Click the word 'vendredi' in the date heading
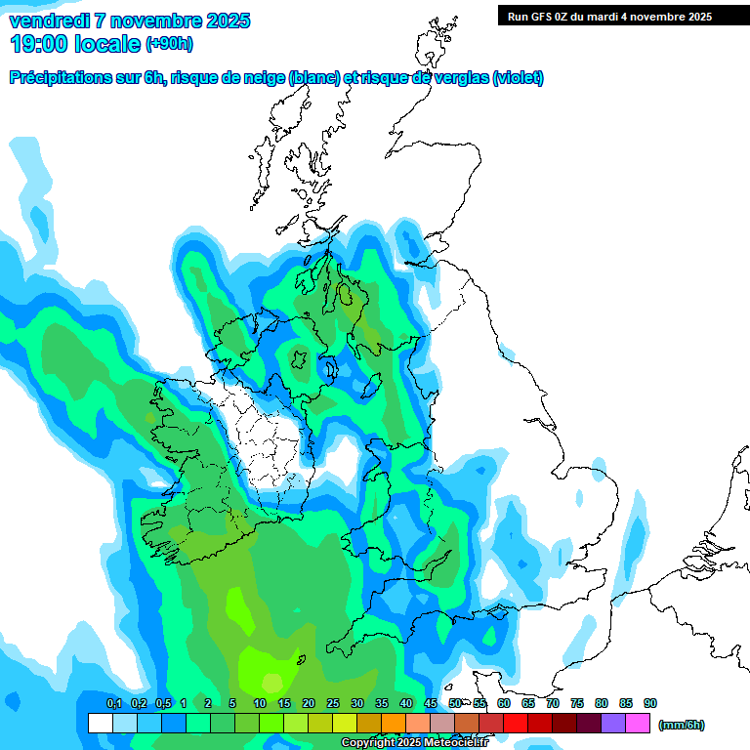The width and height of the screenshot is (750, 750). point(50,21)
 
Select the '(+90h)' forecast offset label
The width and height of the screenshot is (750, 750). point(169,44)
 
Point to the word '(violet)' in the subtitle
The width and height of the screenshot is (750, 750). point(518,78)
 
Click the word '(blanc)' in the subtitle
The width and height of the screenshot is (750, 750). point(313,78)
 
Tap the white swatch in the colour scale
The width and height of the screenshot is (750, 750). point(100,724)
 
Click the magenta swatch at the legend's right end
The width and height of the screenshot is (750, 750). point(638,724)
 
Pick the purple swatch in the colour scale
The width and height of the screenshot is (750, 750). point(613,724)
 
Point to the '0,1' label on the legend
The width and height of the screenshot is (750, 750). point(114,704)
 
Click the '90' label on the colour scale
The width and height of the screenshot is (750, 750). point(650,704)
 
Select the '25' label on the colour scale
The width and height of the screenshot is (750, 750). point(333,704)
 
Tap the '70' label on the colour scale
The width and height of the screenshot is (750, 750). point(553,704)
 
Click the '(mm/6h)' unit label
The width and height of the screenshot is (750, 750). point(681,725)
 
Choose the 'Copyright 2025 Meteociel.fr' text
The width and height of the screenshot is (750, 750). point(414,743)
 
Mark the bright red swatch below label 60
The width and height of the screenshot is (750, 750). point(516,724)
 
